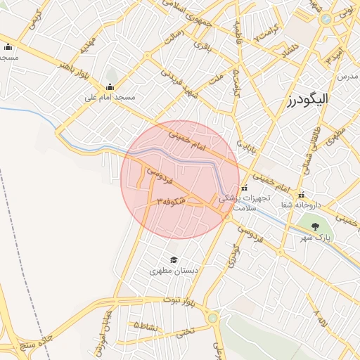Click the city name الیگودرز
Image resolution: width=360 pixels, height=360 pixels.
(x=308, y=99)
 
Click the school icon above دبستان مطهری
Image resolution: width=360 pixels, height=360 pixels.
(x=172, y=259)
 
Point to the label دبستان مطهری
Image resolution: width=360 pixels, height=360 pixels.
(x=172, y=271)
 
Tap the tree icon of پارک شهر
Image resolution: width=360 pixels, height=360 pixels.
(x=314, y=226)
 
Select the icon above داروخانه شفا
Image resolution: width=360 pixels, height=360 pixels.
(x=301, y=195)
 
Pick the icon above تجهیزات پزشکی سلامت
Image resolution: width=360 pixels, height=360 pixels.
(x=244, y=188)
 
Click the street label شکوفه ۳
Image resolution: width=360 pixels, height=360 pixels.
(x=171, y=200)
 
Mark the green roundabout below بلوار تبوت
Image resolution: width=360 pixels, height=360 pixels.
(x=212, y=319)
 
